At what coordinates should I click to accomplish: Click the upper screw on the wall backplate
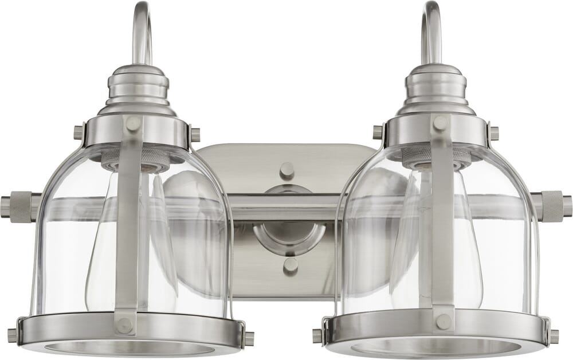click(286, 170)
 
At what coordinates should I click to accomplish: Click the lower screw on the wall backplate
click(291, 265)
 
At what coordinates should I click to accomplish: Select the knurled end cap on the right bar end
click(551, 205)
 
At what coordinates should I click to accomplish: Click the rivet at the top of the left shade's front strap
click(133, 123)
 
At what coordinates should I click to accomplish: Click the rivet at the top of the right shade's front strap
click(440, 123)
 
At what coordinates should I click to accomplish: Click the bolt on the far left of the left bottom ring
click(13, 335)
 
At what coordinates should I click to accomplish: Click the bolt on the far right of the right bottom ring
click(554, 336)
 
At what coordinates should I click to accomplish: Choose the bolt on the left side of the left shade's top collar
click(79, 132)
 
